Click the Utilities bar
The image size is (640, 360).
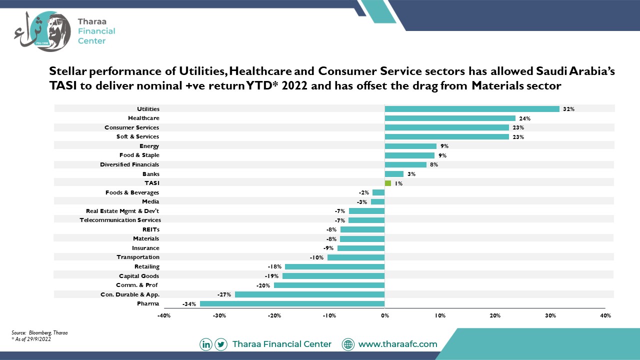coord(472,109)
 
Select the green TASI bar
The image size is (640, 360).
coord(387,183)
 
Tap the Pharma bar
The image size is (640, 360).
coord(292,303)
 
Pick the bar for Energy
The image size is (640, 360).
coord(410,146)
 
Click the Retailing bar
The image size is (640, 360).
coord(335,266)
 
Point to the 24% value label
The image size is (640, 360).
coord(525,118)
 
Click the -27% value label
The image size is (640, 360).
coord(224,294)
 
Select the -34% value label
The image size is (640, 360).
coord(189,304)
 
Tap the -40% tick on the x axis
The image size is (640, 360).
coord(164,315)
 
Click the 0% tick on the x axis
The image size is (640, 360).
coord(385,315)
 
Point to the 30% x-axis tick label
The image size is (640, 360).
coord(550,315)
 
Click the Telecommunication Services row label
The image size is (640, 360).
coord(120,220)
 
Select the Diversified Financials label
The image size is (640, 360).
coord(129,164)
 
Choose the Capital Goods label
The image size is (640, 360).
coord(139,276)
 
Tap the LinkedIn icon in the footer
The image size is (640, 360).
coord(205,344)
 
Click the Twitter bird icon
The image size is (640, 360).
coord(221,344)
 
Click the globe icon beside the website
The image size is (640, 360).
coord(348,344)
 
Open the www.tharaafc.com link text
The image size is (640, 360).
coord(397,344)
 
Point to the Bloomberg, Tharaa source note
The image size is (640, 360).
coord(48,332)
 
